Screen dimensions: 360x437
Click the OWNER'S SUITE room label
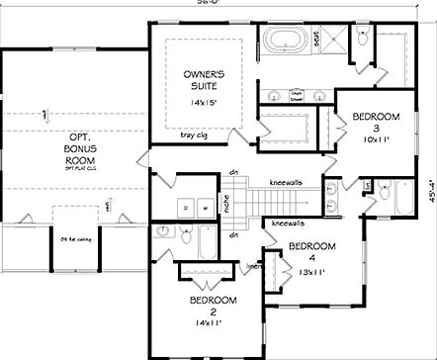206,80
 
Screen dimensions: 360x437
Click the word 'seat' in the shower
316,38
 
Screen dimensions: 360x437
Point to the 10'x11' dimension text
375,141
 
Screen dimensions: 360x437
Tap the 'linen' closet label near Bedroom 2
254,265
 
